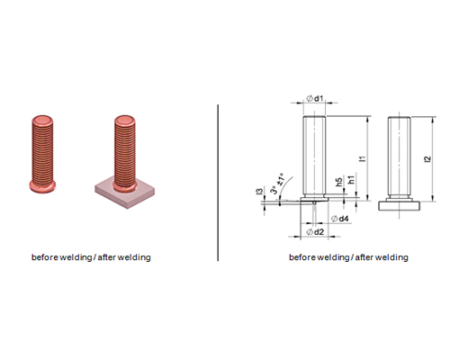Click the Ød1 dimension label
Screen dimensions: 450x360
(x=315, y=98)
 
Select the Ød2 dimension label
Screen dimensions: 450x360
(x=315, y=231)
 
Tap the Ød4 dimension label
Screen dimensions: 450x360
(x=339, y=219)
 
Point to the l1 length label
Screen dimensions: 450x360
(x=363, y=158)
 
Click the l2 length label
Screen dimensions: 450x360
(x=427, y=158)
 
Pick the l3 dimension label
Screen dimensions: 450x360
(x=260, y=190)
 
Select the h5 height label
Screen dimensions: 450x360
(x=339, y=182)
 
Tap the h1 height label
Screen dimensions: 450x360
(x=351, y=179)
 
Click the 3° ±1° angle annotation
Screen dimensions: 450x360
(x=278, y=184)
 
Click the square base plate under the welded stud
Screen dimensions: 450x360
(x=125, y=193)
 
